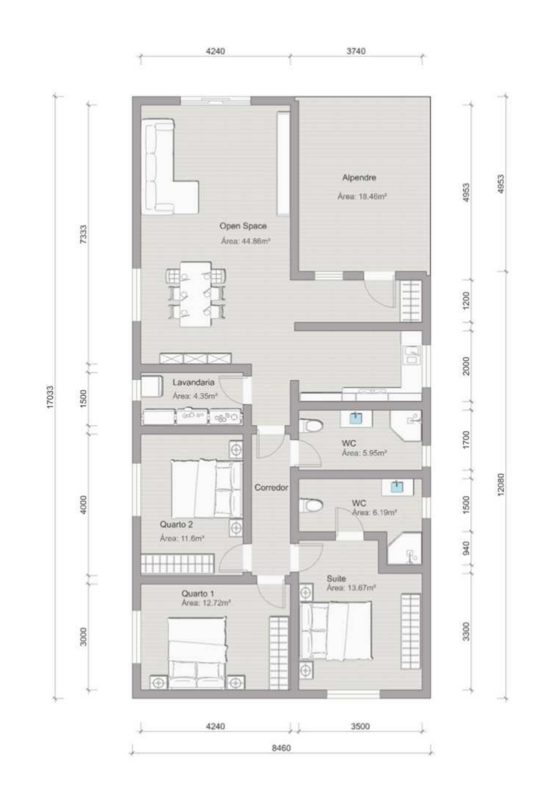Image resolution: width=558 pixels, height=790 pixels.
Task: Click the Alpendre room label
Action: coord(359,177)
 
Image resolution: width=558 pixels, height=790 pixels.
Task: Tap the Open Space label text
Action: coord(243,226)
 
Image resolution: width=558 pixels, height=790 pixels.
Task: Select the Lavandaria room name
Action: coord(193,382)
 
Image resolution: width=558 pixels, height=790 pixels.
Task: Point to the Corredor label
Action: coord(272,487)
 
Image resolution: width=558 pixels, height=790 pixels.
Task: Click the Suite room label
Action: coord(336,578)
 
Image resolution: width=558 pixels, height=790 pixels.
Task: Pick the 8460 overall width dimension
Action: coord(281,748)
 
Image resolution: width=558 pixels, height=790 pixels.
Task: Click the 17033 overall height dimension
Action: coord(51,397)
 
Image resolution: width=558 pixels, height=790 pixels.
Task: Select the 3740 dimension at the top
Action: coord(356,51)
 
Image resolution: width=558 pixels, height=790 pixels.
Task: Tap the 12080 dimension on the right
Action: coord(500,484)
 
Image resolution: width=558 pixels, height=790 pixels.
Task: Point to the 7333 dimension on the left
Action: coord(84,235)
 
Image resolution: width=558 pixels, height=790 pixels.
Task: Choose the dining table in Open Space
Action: coord(196,294)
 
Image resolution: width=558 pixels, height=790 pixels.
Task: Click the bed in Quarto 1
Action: coord(197,653)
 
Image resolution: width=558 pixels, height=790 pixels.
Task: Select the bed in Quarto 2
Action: coord(206,488)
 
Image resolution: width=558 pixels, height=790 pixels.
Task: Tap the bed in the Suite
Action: coord(335,630)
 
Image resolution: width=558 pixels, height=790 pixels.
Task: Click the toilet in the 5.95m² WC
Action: coord(310,427)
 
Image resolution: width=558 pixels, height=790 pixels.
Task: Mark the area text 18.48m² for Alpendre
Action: coord(361,197)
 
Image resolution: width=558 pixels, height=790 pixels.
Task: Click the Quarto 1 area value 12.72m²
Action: coord(206,603)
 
